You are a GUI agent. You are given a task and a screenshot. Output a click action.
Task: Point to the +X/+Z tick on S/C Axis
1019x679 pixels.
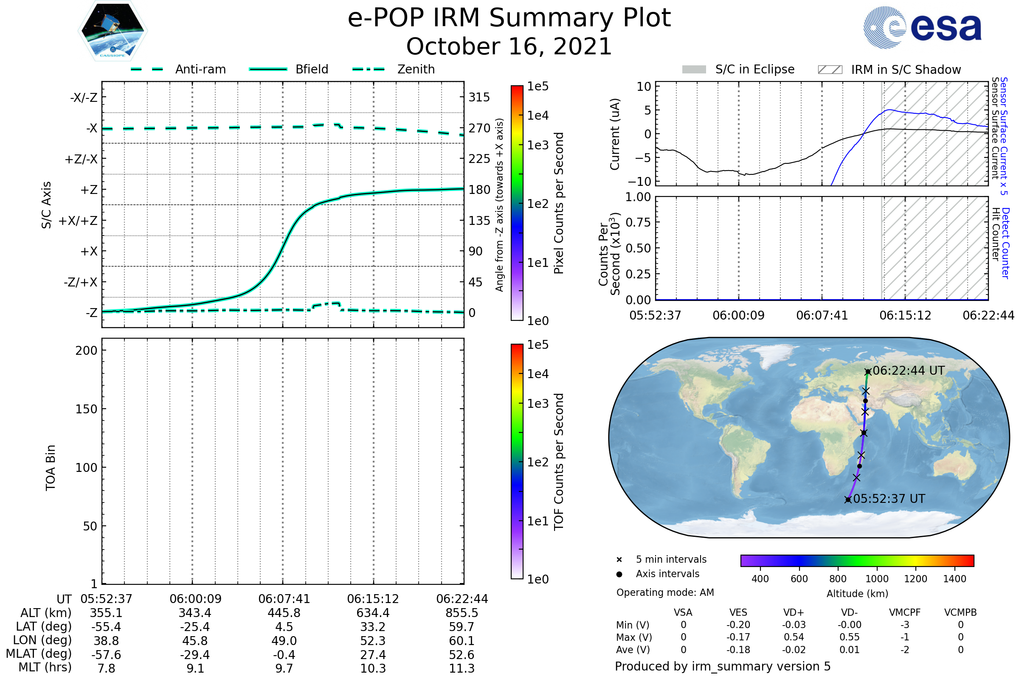click(78, 221)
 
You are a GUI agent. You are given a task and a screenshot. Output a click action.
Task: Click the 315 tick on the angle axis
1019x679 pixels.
click(479, 97)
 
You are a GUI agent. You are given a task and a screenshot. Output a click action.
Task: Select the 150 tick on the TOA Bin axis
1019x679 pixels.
click(86, 409)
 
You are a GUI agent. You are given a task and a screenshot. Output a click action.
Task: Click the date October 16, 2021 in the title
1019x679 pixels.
click(509, 46)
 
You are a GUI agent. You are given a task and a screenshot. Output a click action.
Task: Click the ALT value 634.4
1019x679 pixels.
click(373, 613)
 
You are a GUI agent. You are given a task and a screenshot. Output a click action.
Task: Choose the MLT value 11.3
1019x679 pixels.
click(462, 668)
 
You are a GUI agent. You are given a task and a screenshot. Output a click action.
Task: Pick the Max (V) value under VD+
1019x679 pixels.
click(794, 637)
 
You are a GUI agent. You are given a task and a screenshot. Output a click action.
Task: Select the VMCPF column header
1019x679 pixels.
click(905, 612)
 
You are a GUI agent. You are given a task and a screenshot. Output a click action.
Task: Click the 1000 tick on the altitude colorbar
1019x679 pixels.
click(877, 579)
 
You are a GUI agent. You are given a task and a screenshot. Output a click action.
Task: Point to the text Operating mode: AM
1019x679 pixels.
click(665, 592)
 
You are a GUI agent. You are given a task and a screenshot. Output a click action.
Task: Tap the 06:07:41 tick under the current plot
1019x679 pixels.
click(822, 315)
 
